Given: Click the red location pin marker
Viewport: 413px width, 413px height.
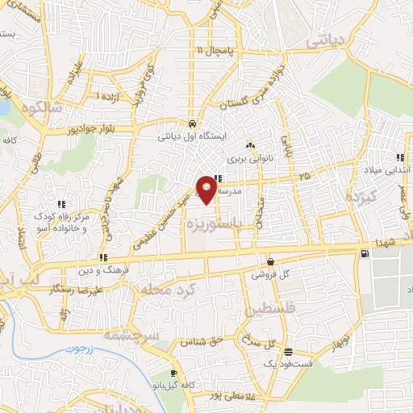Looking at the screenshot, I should (x=207, y=190).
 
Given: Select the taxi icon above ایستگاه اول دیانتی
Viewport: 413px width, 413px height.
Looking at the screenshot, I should (x=191, y=123).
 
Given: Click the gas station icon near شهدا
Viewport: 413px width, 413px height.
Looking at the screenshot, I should (x=367, y=254).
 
